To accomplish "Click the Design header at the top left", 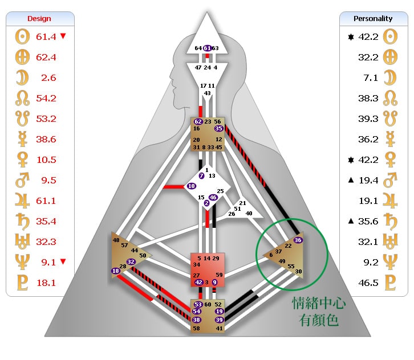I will point(39,19).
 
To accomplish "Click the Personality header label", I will point(373,18).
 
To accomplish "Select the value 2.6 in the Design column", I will point(48,78).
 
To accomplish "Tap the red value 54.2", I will point(46,99).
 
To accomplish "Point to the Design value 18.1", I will point(46,283).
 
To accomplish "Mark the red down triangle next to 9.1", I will point(63,262).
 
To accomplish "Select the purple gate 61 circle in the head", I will point(207,48).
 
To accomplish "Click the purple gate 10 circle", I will point(191,186).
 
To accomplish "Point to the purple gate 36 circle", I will point(298,240).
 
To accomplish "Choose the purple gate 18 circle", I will point(116,271).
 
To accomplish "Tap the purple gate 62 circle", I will point(197,122).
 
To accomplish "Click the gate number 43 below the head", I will point(207,93).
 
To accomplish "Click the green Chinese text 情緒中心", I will point(319,302).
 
